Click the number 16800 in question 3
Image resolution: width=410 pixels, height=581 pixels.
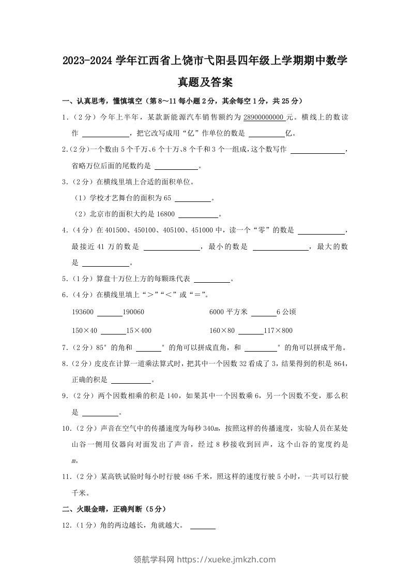tap(165, 214)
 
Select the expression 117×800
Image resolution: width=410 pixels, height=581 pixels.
tap(278, 331)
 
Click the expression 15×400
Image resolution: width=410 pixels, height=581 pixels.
tap(139, 331)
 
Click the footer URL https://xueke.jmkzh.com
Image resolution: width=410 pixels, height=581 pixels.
tap(226, 559)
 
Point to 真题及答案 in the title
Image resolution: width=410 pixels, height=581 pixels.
tap(205, 82)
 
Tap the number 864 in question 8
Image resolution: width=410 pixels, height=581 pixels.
tap(339, 364)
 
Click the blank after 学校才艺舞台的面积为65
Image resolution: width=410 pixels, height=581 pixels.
tap(193, 199)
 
